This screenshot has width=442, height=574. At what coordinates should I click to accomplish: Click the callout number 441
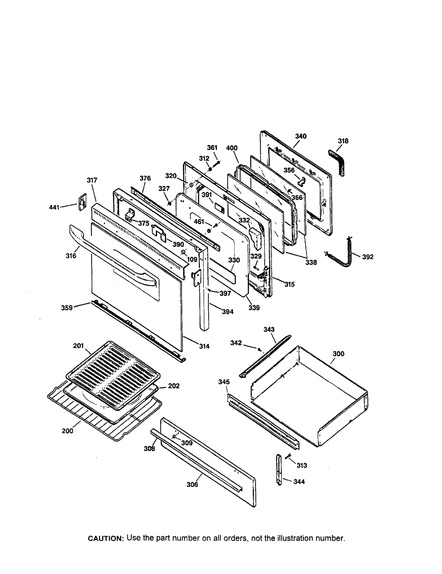tap(54, 207)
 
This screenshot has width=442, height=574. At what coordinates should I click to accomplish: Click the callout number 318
tap(343, 141)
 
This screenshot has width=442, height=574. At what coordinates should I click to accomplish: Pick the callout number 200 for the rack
tap(67, 431)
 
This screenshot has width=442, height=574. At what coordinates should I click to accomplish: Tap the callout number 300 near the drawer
tap(338, 354)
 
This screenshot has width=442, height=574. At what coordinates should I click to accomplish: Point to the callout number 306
tap(192, 484)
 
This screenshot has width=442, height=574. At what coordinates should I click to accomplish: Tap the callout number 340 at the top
tap(301, 136)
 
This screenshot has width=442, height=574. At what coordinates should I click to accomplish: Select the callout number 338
tap(311, 262)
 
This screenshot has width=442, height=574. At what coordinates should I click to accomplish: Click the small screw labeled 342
tap(259, 350)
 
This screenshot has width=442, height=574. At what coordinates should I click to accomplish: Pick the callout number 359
tap(67, 308)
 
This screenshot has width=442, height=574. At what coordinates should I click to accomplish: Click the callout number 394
tap(228, 312)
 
